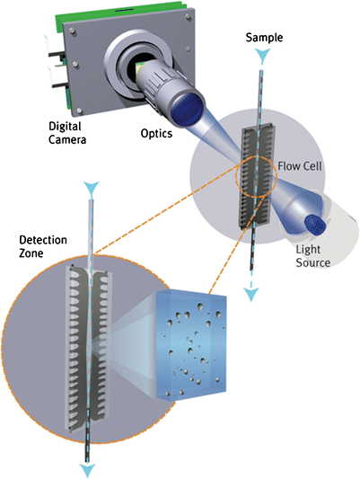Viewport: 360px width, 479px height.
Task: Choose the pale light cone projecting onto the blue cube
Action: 133,342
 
